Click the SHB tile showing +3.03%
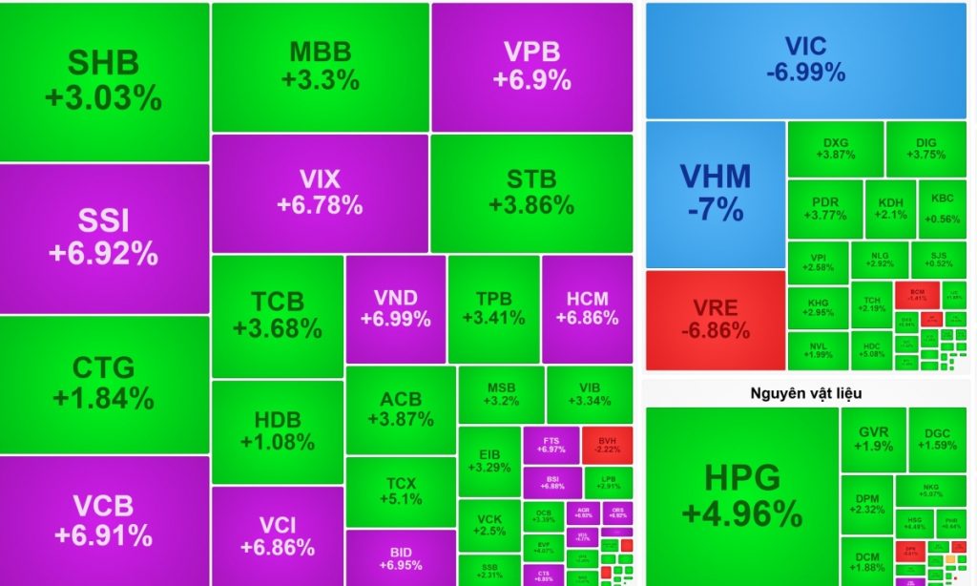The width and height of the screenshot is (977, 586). click(104, 81)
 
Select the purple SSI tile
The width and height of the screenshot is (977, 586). click(104, 238)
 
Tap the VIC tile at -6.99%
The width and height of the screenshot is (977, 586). click(805, 59)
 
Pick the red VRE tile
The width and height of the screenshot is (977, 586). click(715, 320)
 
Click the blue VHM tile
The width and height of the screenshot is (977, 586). click(715, 193)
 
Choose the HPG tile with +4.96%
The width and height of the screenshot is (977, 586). click(741, 494)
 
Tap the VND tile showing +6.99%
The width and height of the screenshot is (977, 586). click(395, 308)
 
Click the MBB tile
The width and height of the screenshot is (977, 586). click(321, 66)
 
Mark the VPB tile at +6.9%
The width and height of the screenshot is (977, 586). click(531, 66)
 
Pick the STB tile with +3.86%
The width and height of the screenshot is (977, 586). click(531, 192)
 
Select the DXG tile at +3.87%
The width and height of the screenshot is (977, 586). click(835, 148)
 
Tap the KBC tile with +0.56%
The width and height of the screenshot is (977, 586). click(942, 208)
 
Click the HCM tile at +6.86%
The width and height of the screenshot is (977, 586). click(587, 308)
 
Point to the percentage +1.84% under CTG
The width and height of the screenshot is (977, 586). click(104, 398)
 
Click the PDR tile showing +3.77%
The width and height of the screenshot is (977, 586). click(824, 208)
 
